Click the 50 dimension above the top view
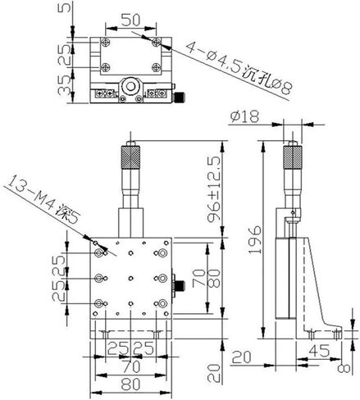point(130,20)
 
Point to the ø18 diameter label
point(244,116)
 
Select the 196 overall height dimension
point(255,239)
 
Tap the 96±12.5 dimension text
point(213,189)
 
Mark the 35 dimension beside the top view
point(66,85)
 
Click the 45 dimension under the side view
point(320,351)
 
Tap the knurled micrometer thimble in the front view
point(131,157)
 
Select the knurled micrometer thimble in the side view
point(293,157)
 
